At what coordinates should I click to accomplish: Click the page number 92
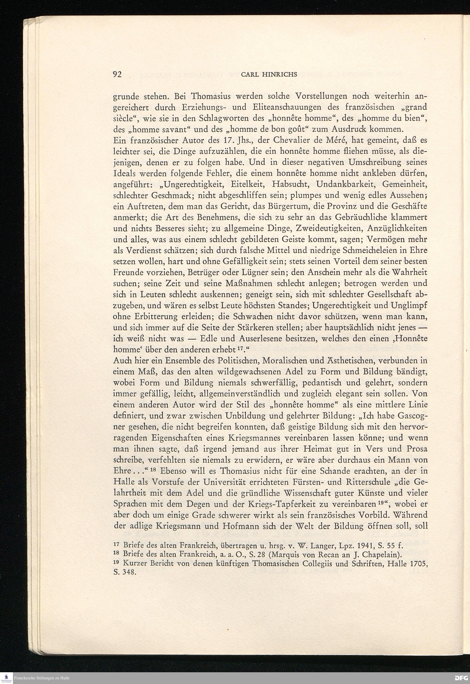pos(117,74)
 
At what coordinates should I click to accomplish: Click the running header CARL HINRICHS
pos(269,75)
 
